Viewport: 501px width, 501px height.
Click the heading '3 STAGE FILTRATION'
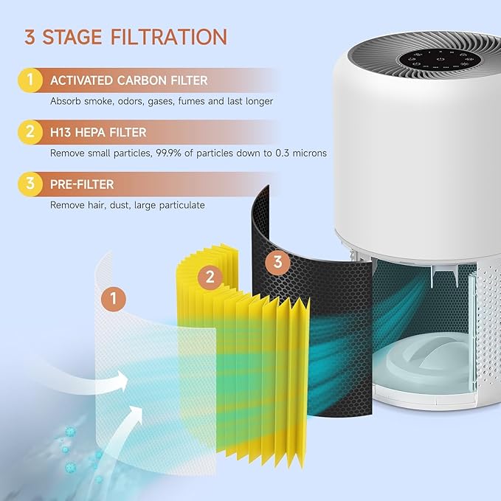[x=125, y=37]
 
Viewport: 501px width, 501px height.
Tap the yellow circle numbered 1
[x=30, y=80]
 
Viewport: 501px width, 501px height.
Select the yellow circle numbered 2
[x=30, y=132]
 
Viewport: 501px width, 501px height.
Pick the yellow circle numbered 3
[x=30, y=184]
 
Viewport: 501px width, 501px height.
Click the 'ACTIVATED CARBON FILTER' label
[x=128, y=80]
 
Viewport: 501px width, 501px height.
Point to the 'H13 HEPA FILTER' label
[x=97, y=132]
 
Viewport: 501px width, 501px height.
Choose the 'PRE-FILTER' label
[x=81, y=184]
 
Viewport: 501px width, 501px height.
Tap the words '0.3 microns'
[x=300, y=153]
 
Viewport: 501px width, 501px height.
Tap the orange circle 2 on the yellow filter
[x=210, y=277]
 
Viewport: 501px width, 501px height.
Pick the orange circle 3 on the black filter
[x=277, y=261]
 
